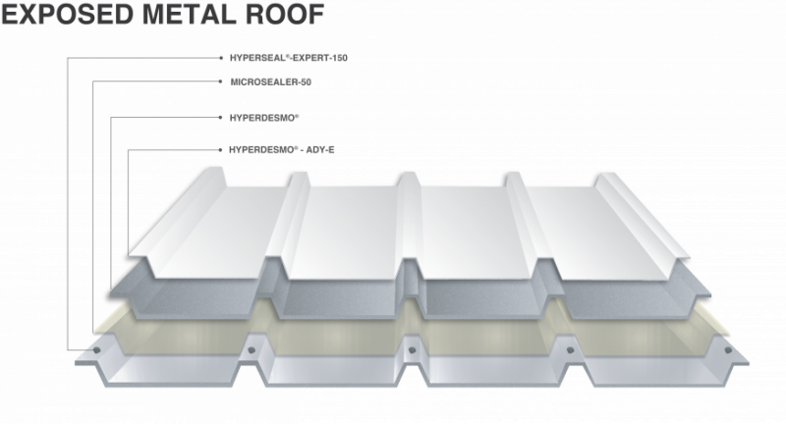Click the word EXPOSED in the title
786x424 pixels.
coord(68,14)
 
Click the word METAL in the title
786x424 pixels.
coord(189,14)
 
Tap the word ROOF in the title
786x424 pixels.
coord(285,14)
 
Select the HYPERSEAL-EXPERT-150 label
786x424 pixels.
coord(288,58)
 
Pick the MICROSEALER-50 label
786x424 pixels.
coord(271,82)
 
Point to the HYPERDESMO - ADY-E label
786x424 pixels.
coord(281,150)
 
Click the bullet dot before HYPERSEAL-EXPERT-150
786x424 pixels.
coord(221,58)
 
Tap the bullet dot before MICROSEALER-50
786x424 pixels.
coord(220,81)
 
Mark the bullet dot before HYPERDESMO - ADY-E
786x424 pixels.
coord(220,150)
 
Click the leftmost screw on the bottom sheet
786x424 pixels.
coord(96,350)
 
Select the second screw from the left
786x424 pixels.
coord(252,350)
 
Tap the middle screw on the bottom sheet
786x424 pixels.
coord(412,350)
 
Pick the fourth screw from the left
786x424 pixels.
coord(570,350)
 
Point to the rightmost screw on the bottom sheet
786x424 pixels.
coord(728,350)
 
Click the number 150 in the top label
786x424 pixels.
coord(339,58)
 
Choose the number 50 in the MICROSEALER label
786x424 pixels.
coord(306,82)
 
